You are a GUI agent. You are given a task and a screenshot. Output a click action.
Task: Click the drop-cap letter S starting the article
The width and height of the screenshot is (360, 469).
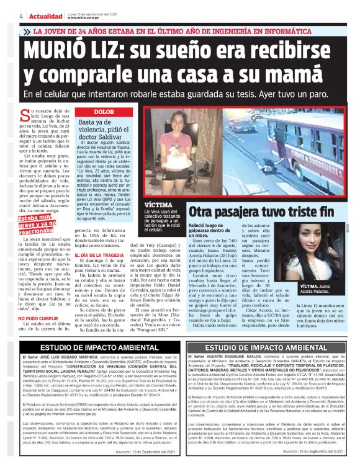click(25, 115)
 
